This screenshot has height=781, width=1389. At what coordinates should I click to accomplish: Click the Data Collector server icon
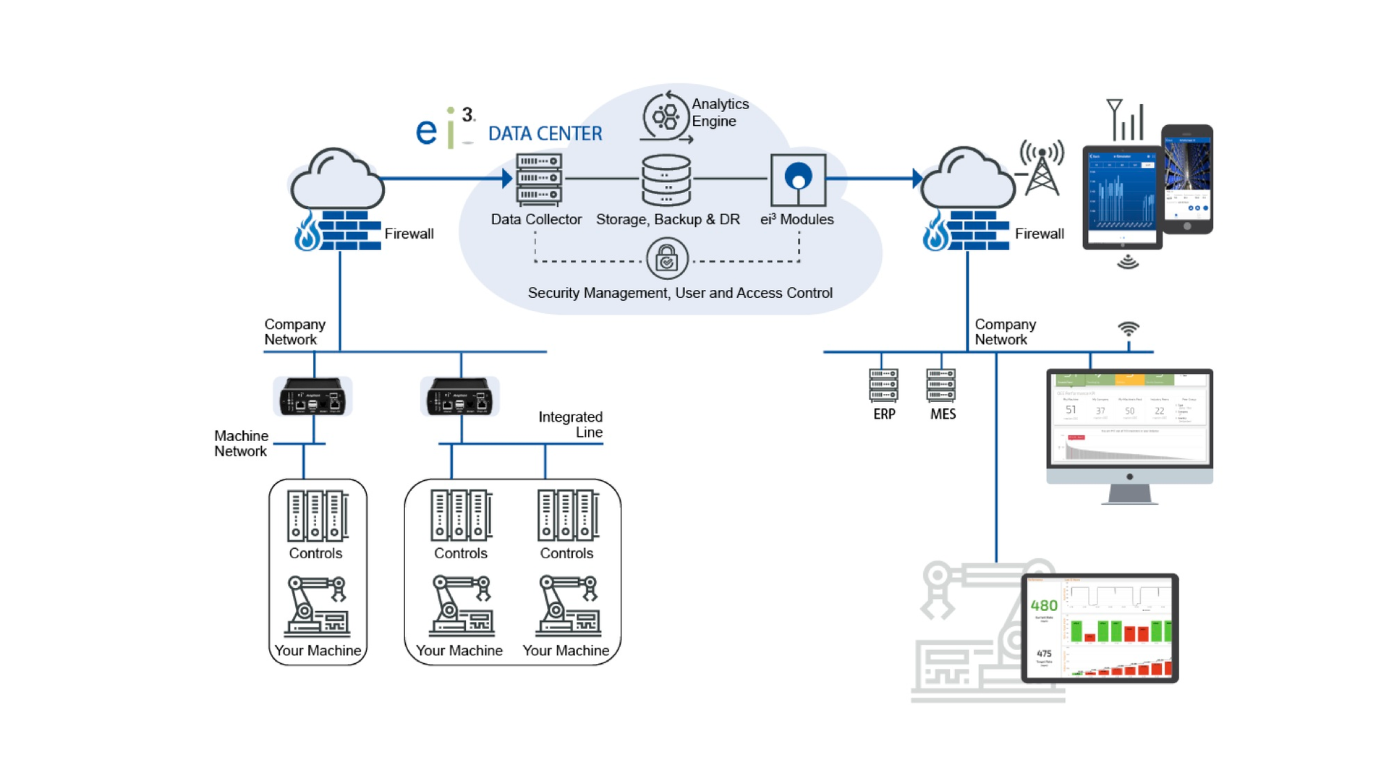(539, 179)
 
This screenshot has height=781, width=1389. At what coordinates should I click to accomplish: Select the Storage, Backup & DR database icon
(666, 180)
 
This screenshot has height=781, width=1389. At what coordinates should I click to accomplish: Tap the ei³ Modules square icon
(798, 180)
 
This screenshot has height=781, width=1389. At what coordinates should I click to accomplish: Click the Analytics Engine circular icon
(666, 116)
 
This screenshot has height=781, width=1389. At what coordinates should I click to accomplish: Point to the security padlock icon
(667, 258)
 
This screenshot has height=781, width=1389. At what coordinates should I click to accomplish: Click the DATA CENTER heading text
(545, 134)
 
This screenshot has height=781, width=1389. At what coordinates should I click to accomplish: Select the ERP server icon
(883, 385)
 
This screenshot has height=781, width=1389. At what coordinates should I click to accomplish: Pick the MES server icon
(941, 385)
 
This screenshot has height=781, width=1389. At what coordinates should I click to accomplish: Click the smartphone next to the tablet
(1187, 179)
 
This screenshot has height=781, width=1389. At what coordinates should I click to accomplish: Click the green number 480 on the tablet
(1044, 605)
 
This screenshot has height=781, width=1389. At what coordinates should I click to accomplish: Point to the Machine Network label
(241, 443)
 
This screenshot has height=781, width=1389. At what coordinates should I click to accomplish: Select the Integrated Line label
(571, 424)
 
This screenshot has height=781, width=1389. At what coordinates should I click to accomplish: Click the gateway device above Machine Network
(313, 396)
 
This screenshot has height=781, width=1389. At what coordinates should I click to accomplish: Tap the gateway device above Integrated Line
(460, 396)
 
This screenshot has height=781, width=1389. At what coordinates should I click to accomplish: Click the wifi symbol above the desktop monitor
(1129, 330)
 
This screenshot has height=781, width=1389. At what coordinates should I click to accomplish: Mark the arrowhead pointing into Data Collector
(507, 178)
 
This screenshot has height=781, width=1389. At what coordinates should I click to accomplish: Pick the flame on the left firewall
(307, 231)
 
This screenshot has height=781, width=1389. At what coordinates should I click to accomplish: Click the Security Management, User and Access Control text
(680, 293)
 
